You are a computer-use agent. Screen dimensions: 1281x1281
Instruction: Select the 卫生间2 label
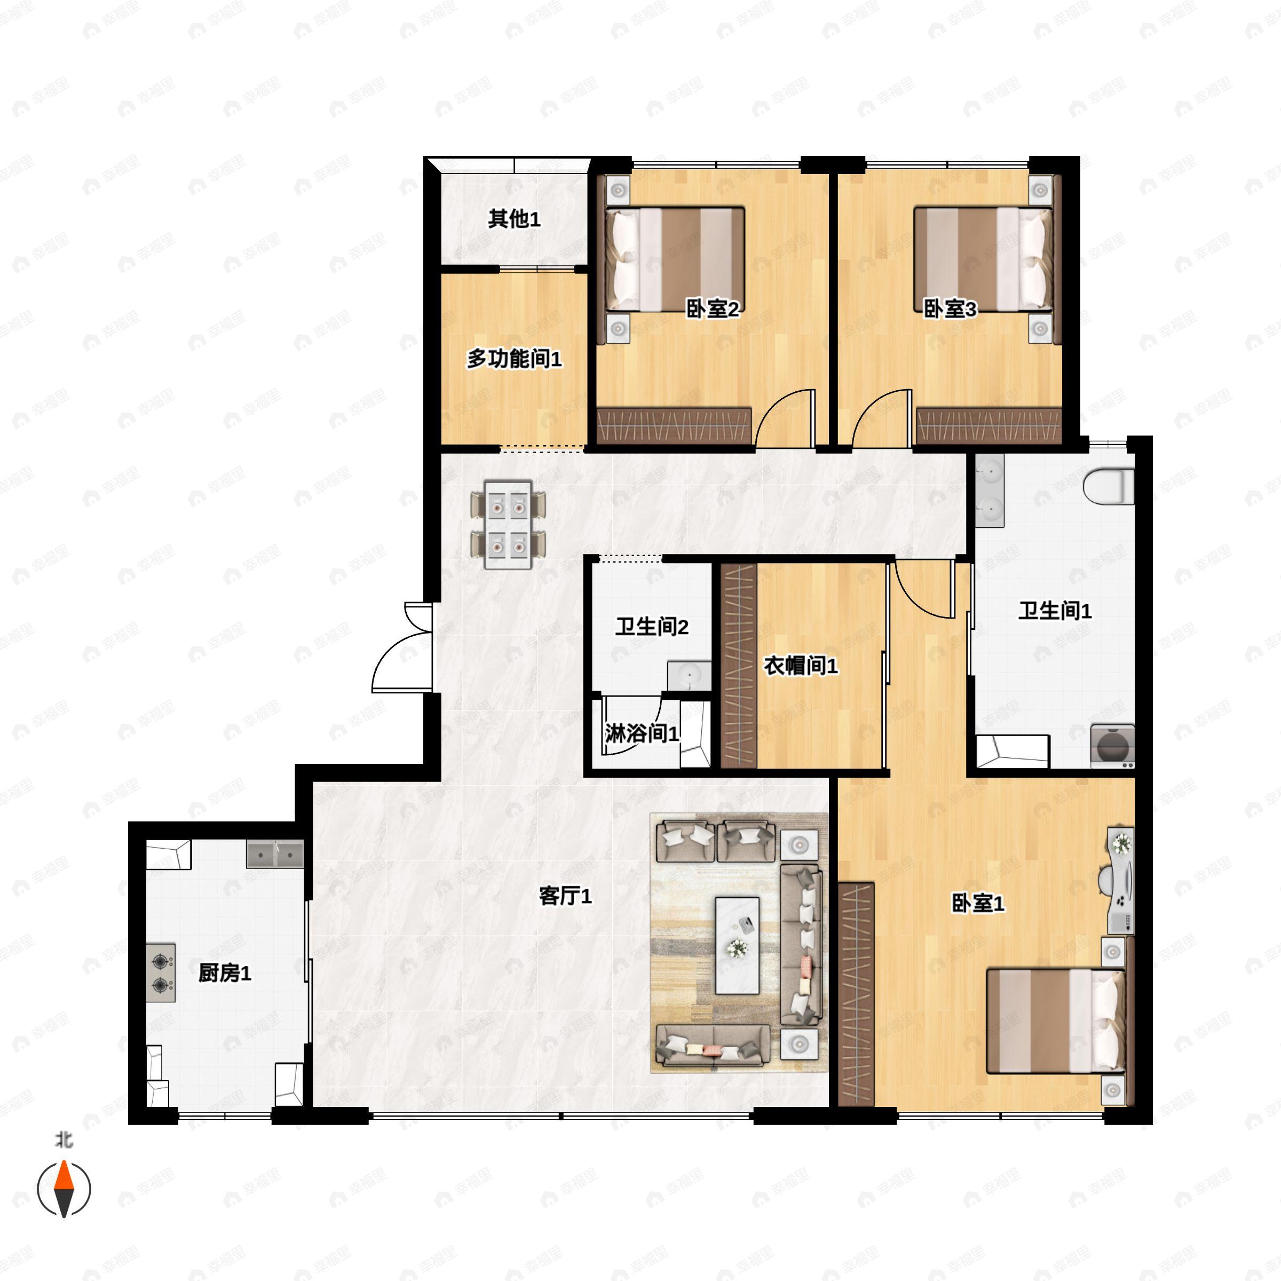click(x=651, y=627)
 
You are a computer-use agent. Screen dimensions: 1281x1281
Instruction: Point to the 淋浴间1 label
click(x=642, y=734)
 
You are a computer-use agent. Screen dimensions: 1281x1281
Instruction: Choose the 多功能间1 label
click(x=514, y=359)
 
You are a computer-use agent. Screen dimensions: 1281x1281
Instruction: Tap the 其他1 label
click(x=514, y=219)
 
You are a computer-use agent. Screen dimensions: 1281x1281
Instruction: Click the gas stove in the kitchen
click(x=161, y=972)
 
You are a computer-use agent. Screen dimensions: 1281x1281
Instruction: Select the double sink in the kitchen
click(x=274, y=855)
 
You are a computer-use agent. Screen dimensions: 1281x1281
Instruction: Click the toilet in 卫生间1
click(x=1109, y=486)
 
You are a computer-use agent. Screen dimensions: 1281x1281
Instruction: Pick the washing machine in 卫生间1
click(x=1112, y=747)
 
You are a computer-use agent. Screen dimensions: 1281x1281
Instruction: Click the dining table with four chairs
click(x=508, y=525)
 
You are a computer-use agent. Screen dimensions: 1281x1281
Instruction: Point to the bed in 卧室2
click(x=676, y=258)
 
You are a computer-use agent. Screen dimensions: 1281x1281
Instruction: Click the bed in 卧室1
click(x=1055, y=1021)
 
